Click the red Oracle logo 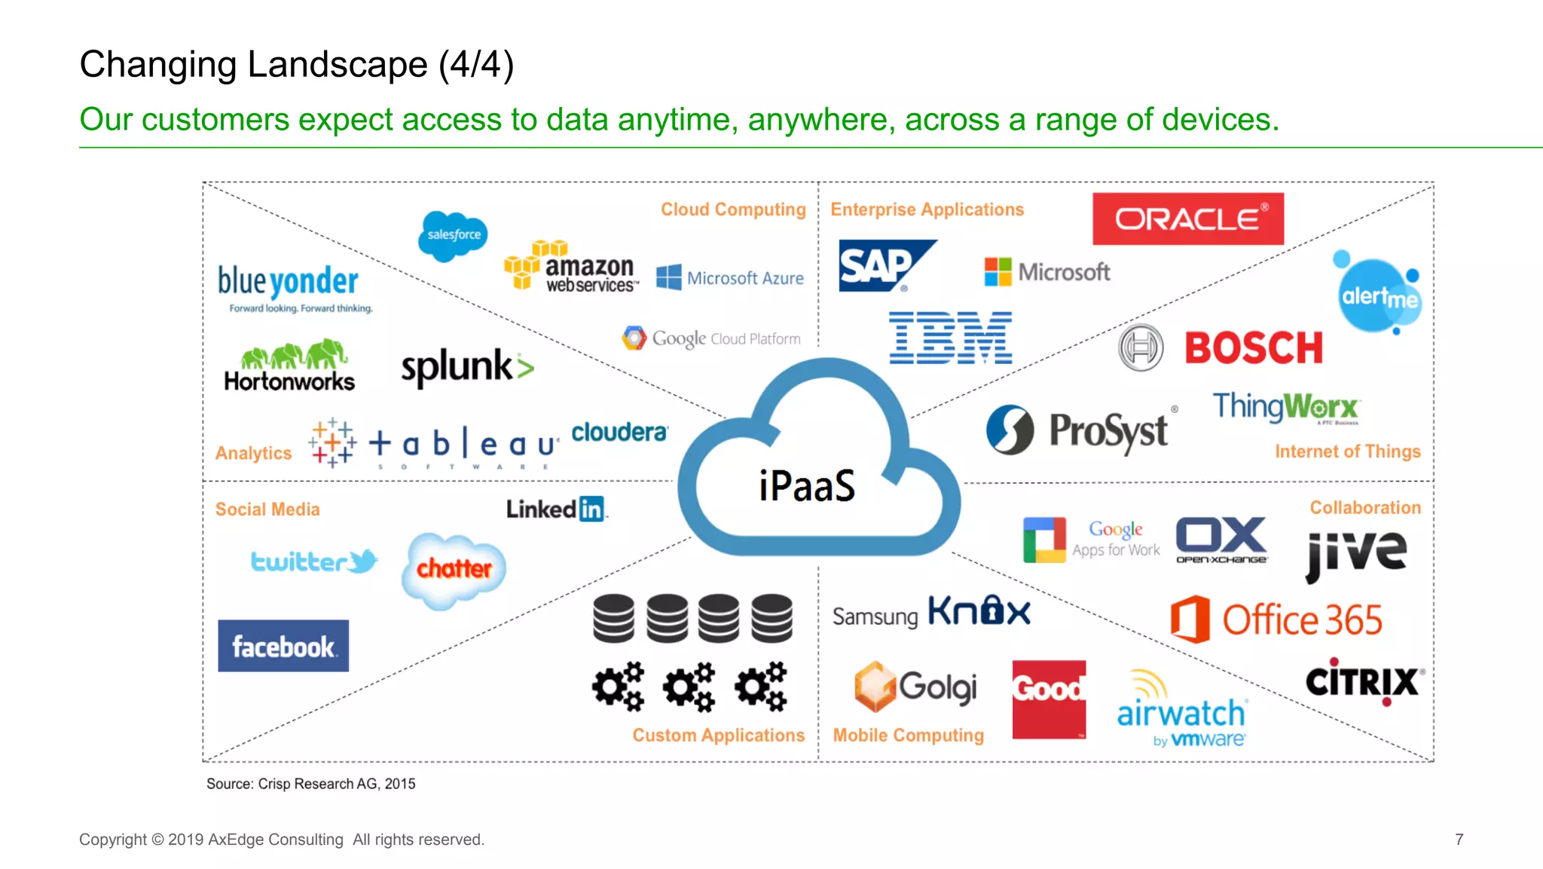point(1187,219)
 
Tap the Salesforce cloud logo point(453,235)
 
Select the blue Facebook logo point(283,646)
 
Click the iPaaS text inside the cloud point(807,485)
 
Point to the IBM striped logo point(951,338)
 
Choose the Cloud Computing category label point(733,210)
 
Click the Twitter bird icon point(365,561)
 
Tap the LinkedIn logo point(556,509)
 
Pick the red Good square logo point(1049,699)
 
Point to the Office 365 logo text point(1301,620)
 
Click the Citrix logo point(1364,682)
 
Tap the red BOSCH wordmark point(1254,348)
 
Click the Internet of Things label point(1347,451)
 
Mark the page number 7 point(1459,840)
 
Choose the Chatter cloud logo point(454,569)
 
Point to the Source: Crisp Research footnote point(310,784)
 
